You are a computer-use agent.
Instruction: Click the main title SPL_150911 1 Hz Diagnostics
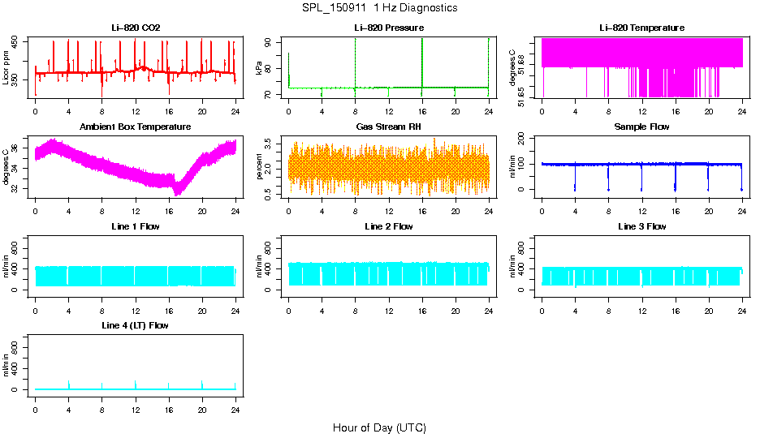click(379, 8)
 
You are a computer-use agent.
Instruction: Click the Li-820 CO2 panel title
click(136, 28)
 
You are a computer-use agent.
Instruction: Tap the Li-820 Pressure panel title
click(389, 28)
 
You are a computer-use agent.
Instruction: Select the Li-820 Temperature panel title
click(641, 28)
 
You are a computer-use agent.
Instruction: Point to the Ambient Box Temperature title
click(136, 127)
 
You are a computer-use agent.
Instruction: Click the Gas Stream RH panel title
click(389, 127)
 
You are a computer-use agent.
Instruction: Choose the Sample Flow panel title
click(641, 127)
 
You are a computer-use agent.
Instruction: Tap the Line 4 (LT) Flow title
click(136, 326)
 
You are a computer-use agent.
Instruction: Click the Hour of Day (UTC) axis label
click(379, 427)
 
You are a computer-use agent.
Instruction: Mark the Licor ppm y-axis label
click(6, 67)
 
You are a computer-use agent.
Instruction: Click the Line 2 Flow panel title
click(389, 226)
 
